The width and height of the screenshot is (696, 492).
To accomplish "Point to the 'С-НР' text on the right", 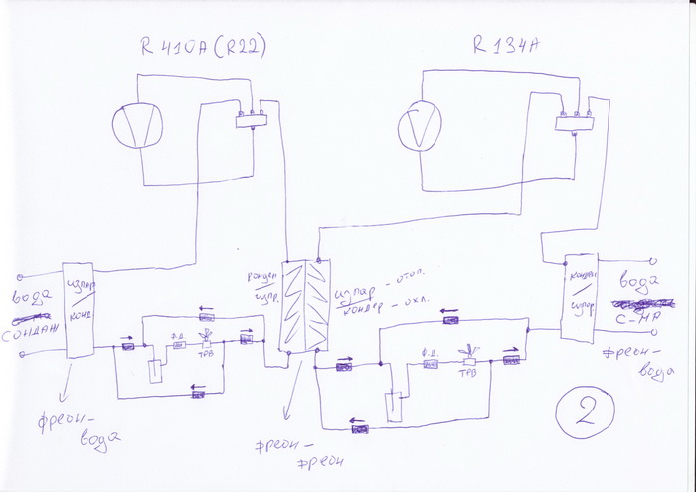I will (x=635, y=318).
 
